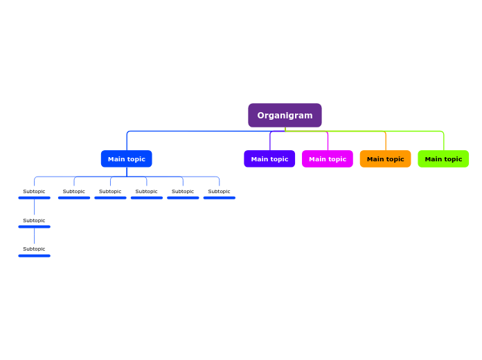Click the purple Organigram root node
[x=285, y=116]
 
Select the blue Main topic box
[x=126, y=159]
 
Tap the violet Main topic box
[x=269, y=159]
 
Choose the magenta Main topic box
[x=327, y=159]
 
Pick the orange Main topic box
[x=385, y=159]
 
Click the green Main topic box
[x=443, y=159]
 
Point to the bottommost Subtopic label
[x=34, y=249]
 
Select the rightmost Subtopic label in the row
[x=219, y=192]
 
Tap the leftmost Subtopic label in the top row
[x=34, y=192]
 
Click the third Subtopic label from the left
[x=110, y=192]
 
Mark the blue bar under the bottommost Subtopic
[x=34, y=255]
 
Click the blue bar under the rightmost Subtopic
[x=219, y=198]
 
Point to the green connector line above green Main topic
[x=443, y=141]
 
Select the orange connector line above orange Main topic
[x=386, y=141]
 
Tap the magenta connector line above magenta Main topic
[x=328, y=141]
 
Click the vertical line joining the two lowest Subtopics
[x=34, y=236]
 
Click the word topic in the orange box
[x=395, y=159]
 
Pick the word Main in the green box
[x=433, y=159]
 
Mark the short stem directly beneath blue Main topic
[x=127, y=172]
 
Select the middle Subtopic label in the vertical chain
[x=34, y=221]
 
